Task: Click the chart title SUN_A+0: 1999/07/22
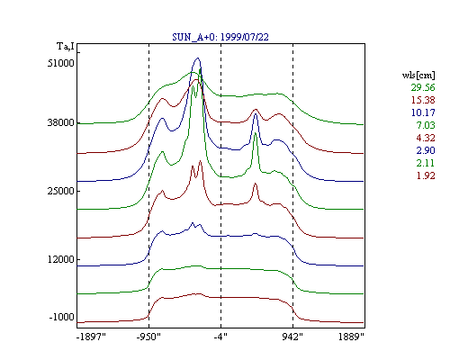tap(220, 37)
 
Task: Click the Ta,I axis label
tap(66, 47)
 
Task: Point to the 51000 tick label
tap(60, 63)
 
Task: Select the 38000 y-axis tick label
tap(60, 122)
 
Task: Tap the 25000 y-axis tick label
tap(60, 191)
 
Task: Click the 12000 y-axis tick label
tap(60, 259)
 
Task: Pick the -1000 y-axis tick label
tap(62, 317)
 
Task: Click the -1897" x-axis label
tap(91, 337)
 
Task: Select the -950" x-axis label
tap(148, 337)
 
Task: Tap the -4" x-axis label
tap(220, 337)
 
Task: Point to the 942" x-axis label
tap(292, 337)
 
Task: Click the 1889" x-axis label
tap(351, 337)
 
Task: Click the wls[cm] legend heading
tap(418, 75)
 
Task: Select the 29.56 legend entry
tap(423, 87)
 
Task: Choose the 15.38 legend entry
tap(423, 100)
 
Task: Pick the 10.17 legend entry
tap(423, 112)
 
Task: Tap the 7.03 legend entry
tap(426, 125)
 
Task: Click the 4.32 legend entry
tap(426, 138)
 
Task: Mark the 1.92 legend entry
tap(426, 175)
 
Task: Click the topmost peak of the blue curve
tap(197, 58)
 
